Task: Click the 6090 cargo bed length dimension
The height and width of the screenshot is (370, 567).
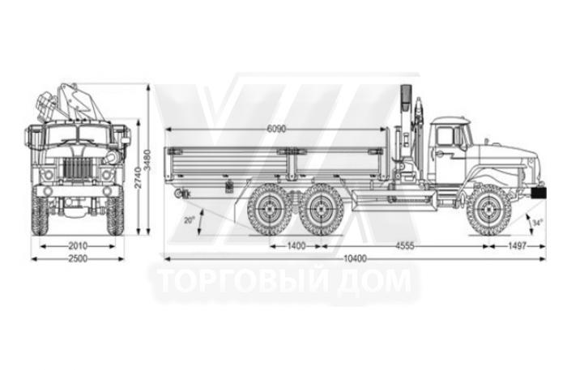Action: [x=276, y=129]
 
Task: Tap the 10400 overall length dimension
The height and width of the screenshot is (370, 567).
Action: [x=355, y=258]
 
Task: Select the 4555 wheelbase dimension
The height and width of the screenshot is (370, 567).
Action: [x=405, y=246]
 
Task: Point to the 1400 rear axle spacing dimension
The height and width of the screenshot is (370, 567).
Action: [x=296, y=246]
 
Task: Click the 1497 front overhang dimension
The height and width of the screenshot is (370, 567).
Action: [x=517, y=246]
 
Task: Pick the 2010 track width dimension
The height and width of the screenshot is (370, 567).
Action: [x=78, y=246]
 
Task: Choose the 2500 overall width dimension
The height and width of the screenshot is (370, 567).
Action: [x=78, y=258]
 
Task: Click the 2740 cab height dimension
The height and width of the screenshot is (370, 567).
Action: [x=138, y=178]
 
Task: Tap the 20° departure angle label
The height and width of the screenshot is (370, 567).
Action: [x=189, y=219]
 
